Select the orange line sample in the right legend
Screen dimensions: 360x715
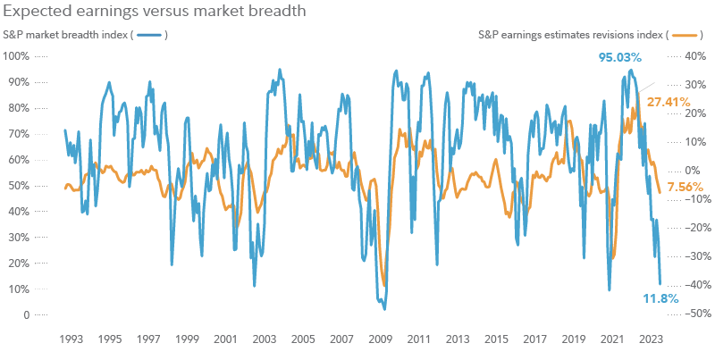(x=684, y=35)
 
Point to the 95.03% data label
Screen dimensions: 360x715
(x=619, y=58)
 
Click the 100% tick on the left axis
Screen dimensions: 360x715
(x=18, y=55)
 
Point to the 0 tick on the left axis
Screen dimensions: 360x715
(x=27, y=314)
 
